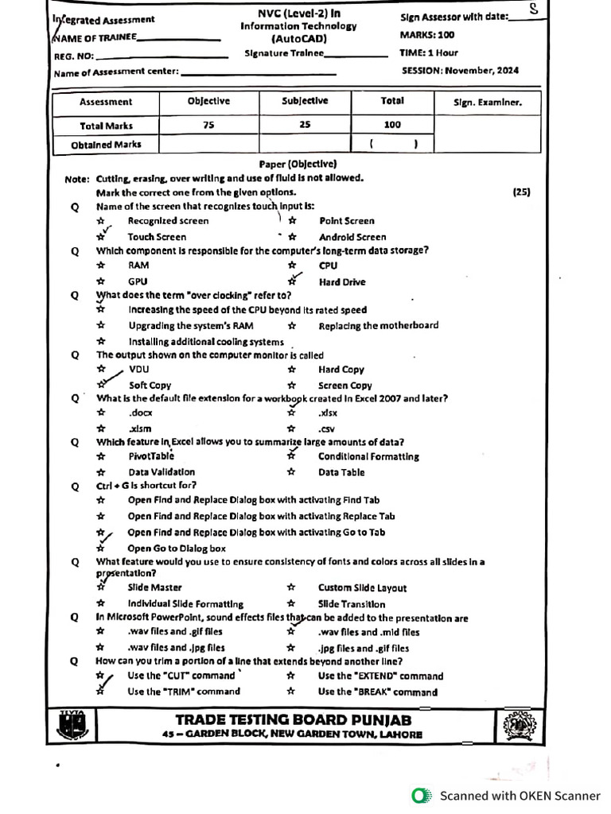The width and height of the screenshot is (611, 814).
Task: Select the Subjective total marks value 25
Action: pyautogui.click(x=305, y=125)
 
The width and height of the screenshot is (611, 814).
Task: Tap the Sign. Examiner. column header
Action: pyautogui.click(x=487, y=102)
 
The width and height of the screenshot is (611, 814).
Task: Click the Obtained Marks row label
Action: pyautogui.click(x=106, y=145)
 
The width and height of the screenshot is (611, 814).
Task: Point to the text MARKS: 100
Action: pyautogui.click(x=427, y=35)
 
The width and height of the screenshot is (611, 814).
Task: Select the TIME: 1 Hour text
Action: pyautogui.click(x=428, y=52)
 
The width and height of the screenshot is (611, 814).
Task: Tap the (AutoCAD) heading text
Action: pyautogui.click(x=298, y=38)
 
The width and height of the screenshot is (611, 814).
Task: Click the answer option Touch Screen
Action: pyautogui.click(x=157, y=237)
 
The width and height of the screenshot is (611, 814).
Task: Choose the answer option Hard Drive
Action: pyautogui.click(x=342, y=281)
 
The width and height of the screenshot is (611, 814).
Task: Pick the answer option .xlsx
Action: pyautogui.click(x=328, y=413)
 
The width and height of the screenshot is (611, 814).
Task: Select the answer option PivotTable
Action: pyautogui.click(x=151, y=456)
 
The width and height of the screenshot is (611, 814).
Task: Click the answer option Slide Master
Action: pyautogui.click(x=154, y=587)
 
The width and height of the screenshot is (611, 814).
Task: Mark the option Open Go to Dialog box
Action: pyautogui.click(x=177, y=548)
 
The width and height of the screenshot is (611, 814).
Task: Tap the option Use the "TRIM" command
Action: pyautogui.click(x=184, y=692)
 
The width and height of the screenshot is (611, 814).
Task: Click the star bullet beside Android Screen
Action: pyautogui.click(x=292, y=237)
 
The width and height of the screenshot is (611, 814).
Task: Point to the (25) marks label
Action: pyautogui.click(x=521, y=192)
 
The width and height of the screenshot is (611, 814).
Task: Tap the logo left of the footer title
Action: pyautogui.click(x=72, y=726)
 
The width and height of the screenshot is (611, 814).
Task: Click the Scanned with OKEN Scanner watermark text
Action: pyautogui.click(x=520, y=795)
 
